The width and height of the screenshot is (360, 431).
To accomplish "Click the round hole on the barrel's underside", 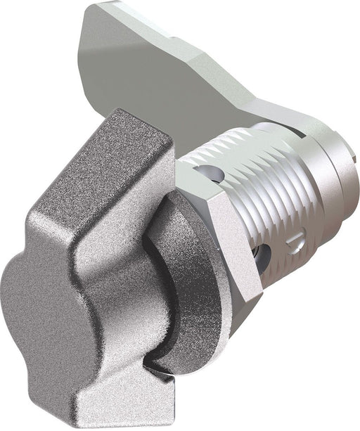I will point(262,259).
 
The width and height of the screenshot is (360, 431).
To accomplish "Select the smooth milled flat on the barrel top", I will point(239,151).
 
